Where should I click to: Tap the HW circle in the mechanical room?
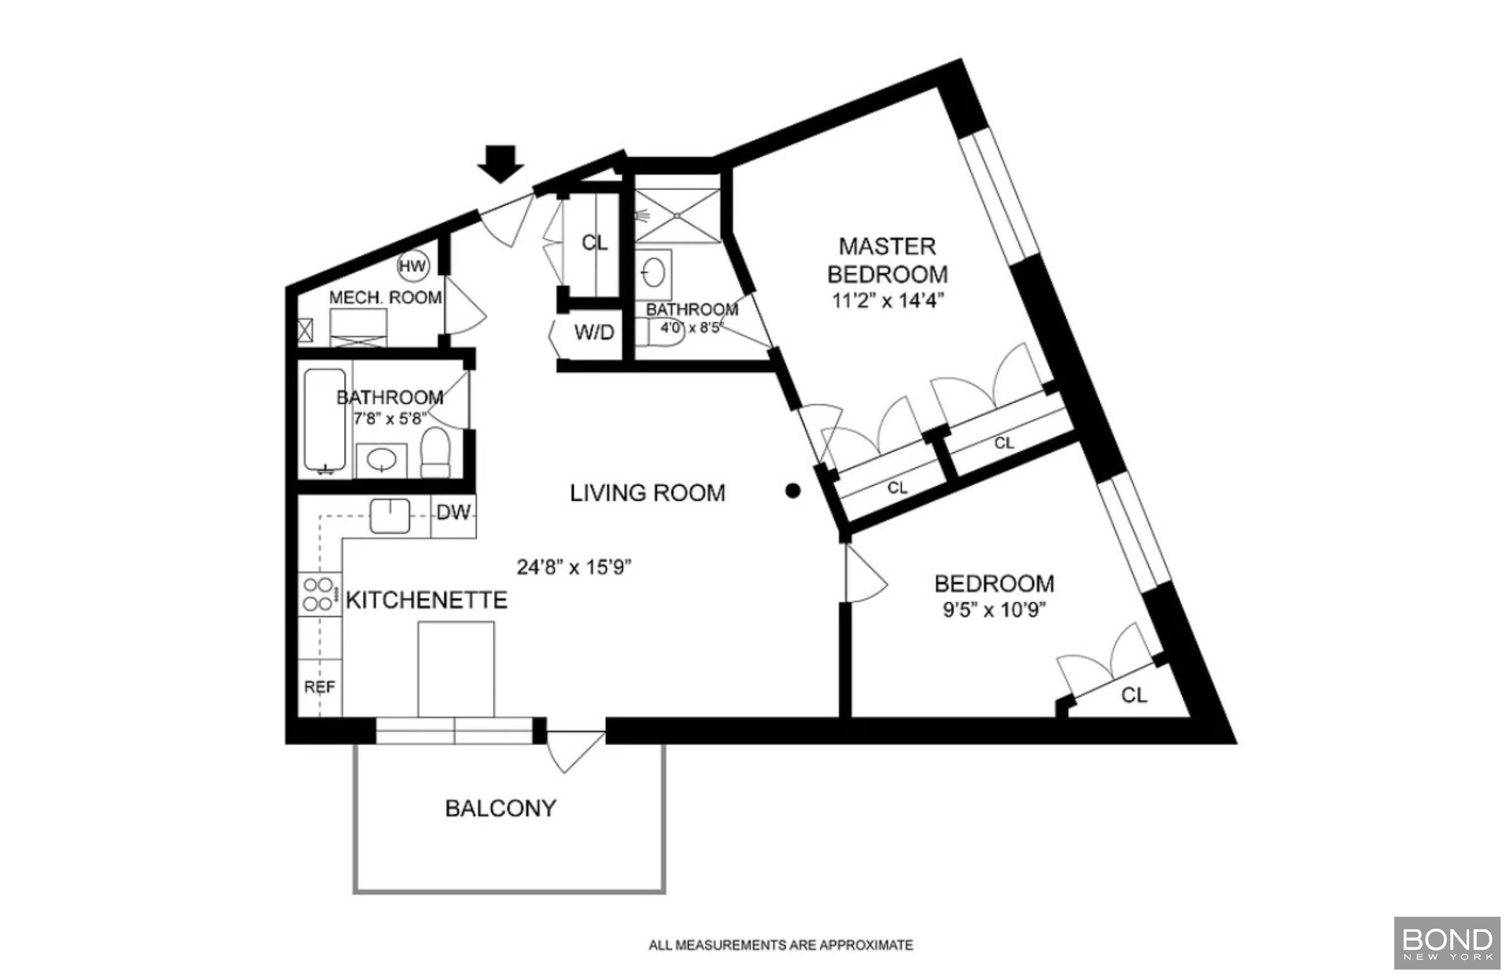[x=413, y=266]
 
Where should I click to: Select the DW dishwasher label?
[x=453, y=513]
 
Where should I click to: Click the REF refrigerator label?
[x=319, y=687]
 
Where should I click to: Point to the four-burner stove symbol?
[x=318, y=595]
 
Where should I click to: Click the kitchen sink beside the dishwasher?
[x=389, y=515]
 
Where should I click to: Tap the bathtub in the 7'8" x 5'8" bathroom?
[x=324, y=420]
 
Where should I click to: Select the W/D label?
[x=594, y=332]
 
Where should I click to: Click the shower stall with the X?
[x=677, y=216]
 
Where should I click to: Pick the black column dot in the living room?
[x=792, y=491]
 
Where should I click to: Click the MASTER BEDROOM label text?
[x=887, y=260]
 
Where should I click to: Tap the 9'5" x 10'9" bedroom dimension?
[x=993, y=610]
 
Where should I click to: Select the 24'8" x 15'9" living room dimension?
[x=574, y=567]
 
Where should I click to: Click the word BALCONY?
[x=501, y=808]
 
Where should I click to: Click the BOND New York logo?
[x=1447, y=943]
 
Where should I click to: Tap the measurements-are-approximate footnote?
[x=780, y=946]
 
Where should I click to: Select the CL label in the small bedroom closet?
[x=1134, y=695]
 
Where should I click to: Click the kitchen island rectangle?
[x=456, y=669]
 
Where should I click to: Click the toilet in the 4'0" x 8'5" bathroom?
[x=660, y=332]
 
